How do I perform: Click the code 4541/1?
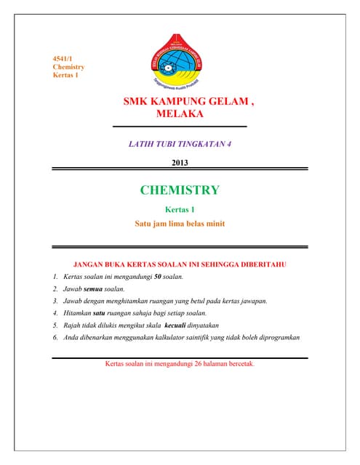pyautogui.click(x=63, y=57)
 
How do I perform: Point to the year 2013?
pyautogui.click(x=180, y=162)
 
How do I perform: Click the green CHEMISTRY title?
pyautogui.click(x=180, y=190)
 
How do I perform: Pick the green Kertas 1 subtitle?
pyautogui.click(x=180, y=210)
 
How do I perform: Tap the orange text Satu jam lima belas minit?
pyautogui.click(x=180, y=224)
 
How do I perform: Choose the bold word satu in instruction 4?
pyautogui.click(x=96, y=312)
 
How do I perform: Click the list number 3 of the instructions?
pyautogui.click(x=55, y=301)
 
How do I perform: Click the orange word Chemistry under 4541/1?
pyautogui.click(x=68, y=66)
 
